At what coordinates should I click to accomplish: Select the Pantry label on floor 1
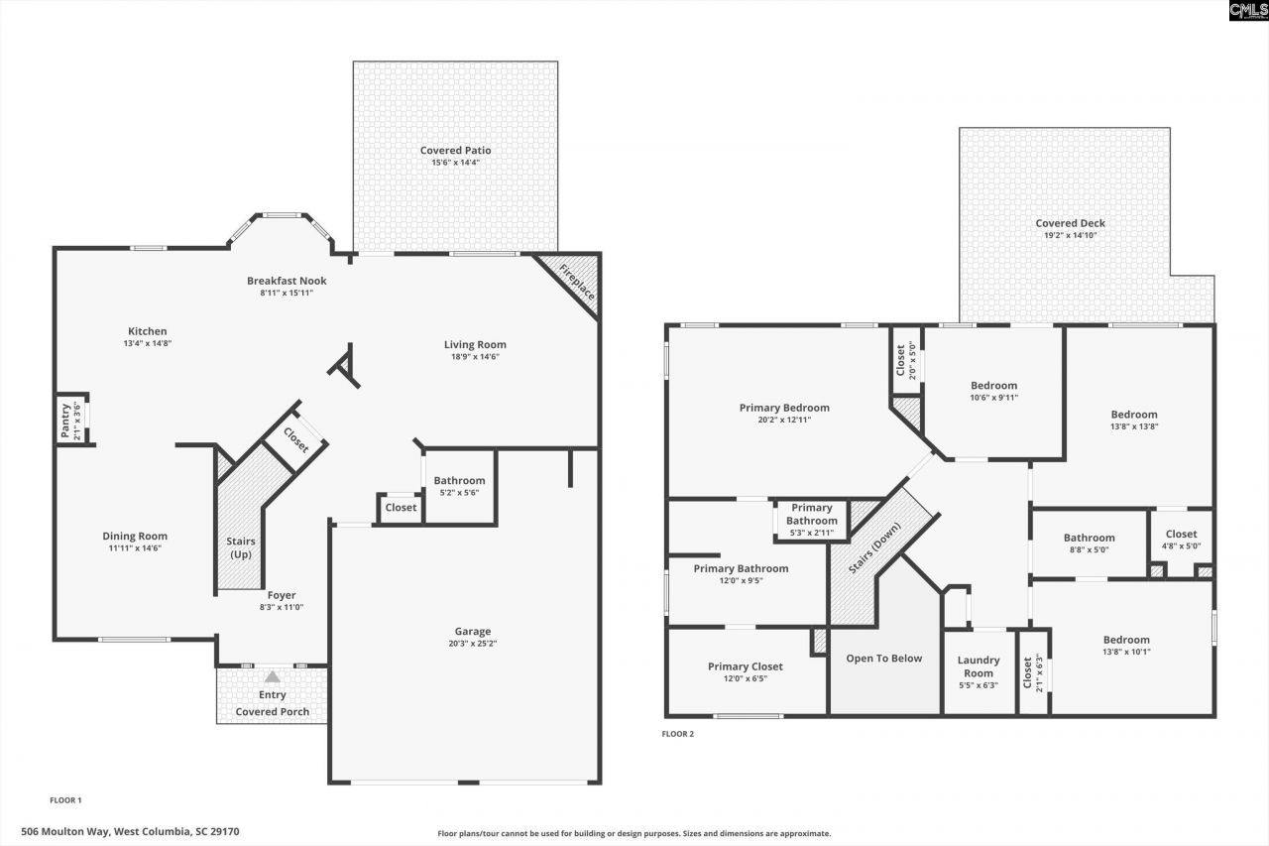tap(66, 421)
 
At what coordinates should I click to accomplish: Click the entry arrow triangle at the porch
tap(272, 676)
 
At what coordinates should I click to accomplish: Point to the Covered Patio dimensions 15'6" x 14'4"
tap(455, 163)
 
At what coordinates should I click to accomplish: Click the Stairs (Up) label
tap(241, 547)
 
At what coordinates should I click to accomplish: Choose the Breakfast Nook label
tap(287, 281)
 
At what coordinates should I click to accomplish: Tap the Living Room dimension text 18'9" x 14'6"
tap(475, 357)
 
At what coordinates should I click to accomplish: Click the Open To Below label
tap(883, 659)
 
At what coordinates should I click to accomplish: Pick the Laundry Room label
tap(979, 666)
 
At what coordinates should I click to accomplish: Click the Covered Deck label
tap(1070, 223)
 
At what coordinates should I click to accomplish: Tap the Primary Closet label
tap(745, 666)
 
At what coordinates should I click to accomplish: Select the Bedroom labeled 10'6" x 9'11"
tap(993, 386)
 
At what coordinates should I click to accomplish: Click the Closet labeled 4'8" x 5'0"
tap(1181, 534)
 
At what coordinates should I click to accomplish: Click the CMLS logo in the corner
tap(1247, 11)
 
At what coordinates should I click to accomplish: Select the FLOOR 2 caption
tap(678, 734)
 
